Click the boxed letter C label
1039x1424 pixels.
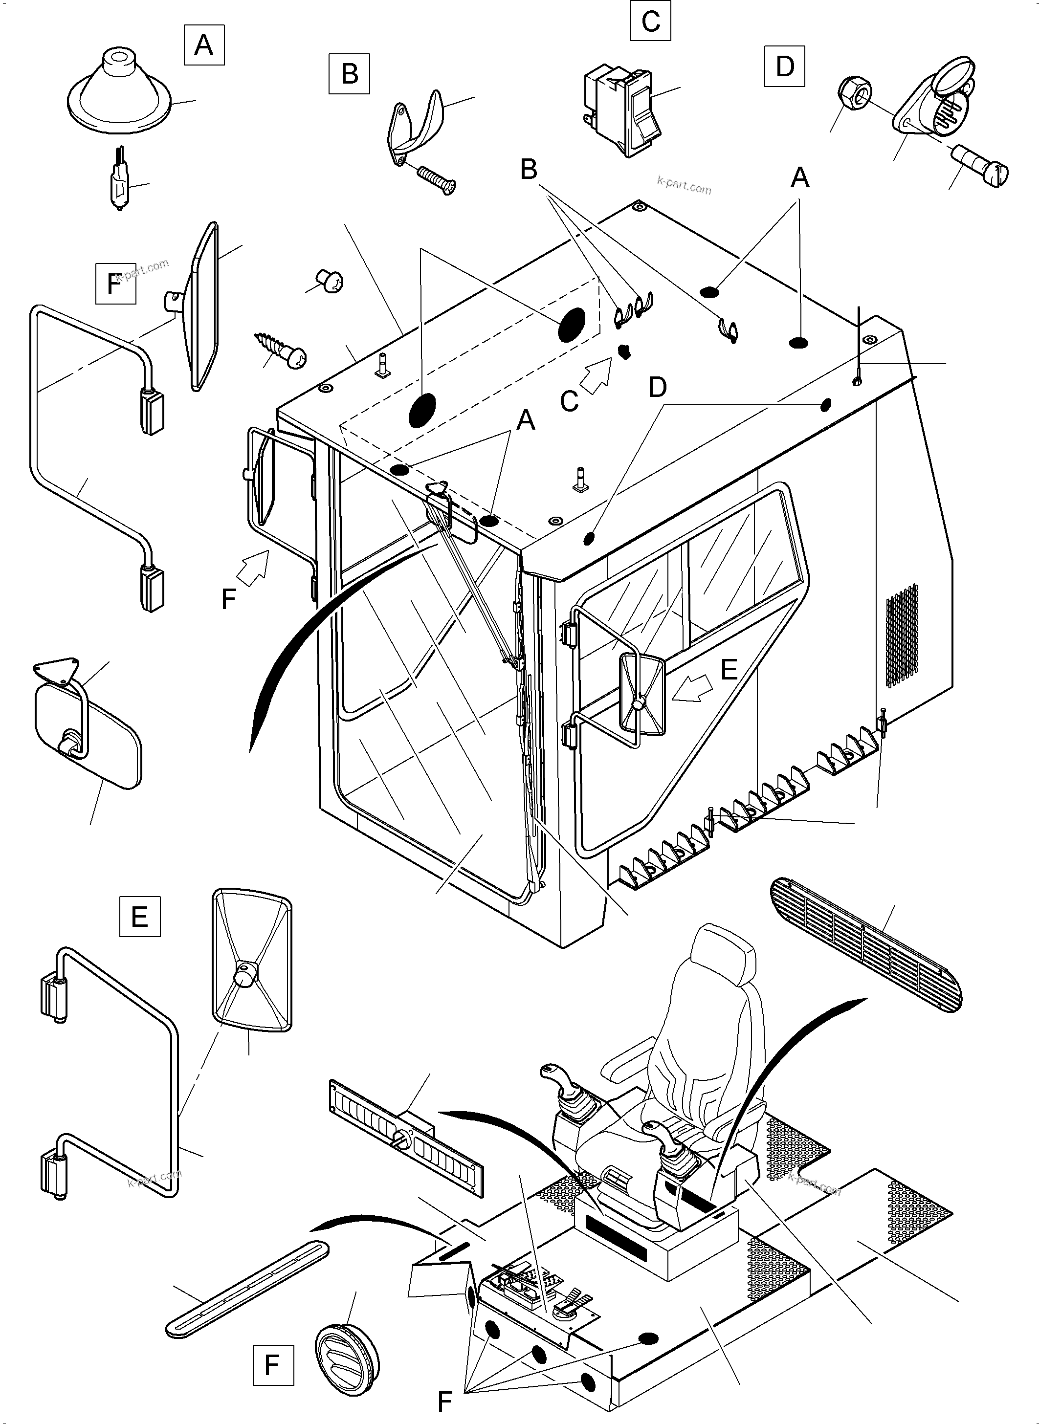(x=650, y=21)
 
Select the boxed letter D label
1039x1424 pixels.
(x=785, y=66)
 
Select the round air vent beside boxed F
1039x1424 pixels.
(x=347, y=1349)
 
